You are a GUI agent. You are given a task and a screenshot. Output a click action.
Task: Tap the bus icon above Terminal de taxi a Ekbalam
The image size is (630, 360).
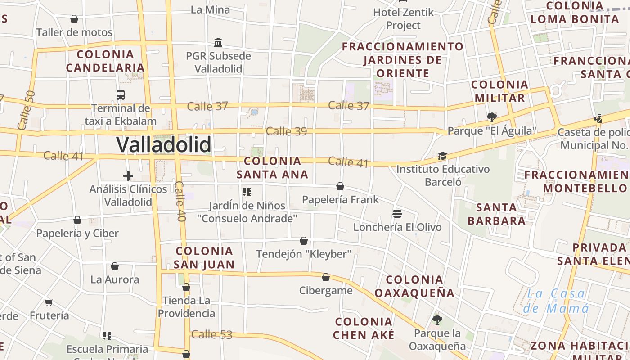pyautogui.click(x=121, y=95)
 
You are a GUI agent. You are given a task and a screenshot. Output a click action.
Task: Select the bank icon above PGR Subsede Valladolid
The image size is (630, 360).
pyautogui.click(x=218, y=43)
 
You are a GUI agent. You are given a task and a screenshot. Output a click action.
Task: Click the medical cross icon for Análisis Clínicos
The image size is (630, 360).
pyautogui.click(x=128, y=176)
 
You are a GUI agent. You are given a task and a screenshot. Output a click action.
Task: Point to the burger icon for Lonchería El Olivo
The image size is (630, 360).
pyautogui.click(x=397, y=213)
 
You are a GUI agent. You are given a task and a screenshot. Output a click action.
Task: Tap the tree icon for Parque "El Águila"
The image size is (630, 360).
pyautogui.click(x=492, y=117)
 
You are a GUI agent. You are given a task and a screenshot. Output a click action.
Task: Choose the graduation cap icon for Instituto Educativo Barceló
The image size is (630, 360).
pyautogui.click(x=443, y=156)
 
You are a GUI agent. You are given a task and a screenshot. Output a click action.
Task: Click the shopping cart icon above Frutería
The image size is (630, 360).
pyautogui.click(x=49, y=302)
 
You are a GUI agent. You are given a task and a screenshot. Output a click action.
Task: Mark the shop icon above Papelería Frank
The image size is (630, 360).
pyautogui.click(x=340, y=186)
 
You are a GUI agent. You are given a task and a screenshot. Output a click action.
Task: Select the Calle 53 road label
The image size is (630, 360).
pyautogui.click(x=211, y=335)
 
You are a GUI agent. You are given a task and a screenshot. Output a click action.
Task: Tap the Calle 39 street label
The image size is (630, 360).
pyautogui.click(x=286, y=131)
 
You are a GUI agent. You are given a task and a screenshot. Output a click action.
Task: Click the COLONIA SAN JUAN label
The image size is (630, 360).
pyautogui.click(x=204, y=257)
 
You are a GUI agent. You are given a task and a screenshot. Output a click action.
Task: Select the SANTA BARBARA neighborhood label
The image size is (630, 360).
pyautogui.click(x=496, y=214)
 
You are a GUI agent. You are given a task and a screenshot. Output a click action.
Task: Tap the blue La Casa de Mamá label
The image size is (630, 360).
pyautogui.click(x=556, y=301)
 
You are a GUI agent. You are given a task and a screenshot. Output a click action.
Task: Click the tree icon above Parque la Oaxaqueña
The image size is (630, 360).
pyautogui.click(x=437, y=320)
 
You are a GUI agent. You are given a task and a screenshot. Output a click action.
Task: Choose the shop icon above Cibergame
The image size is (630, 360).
pyautogui.click(x=326, y=277)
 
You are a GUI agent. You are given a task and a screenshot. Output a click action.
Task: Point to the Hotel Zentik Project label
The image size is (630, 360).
pyautogui.click(x=404, y=19)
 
